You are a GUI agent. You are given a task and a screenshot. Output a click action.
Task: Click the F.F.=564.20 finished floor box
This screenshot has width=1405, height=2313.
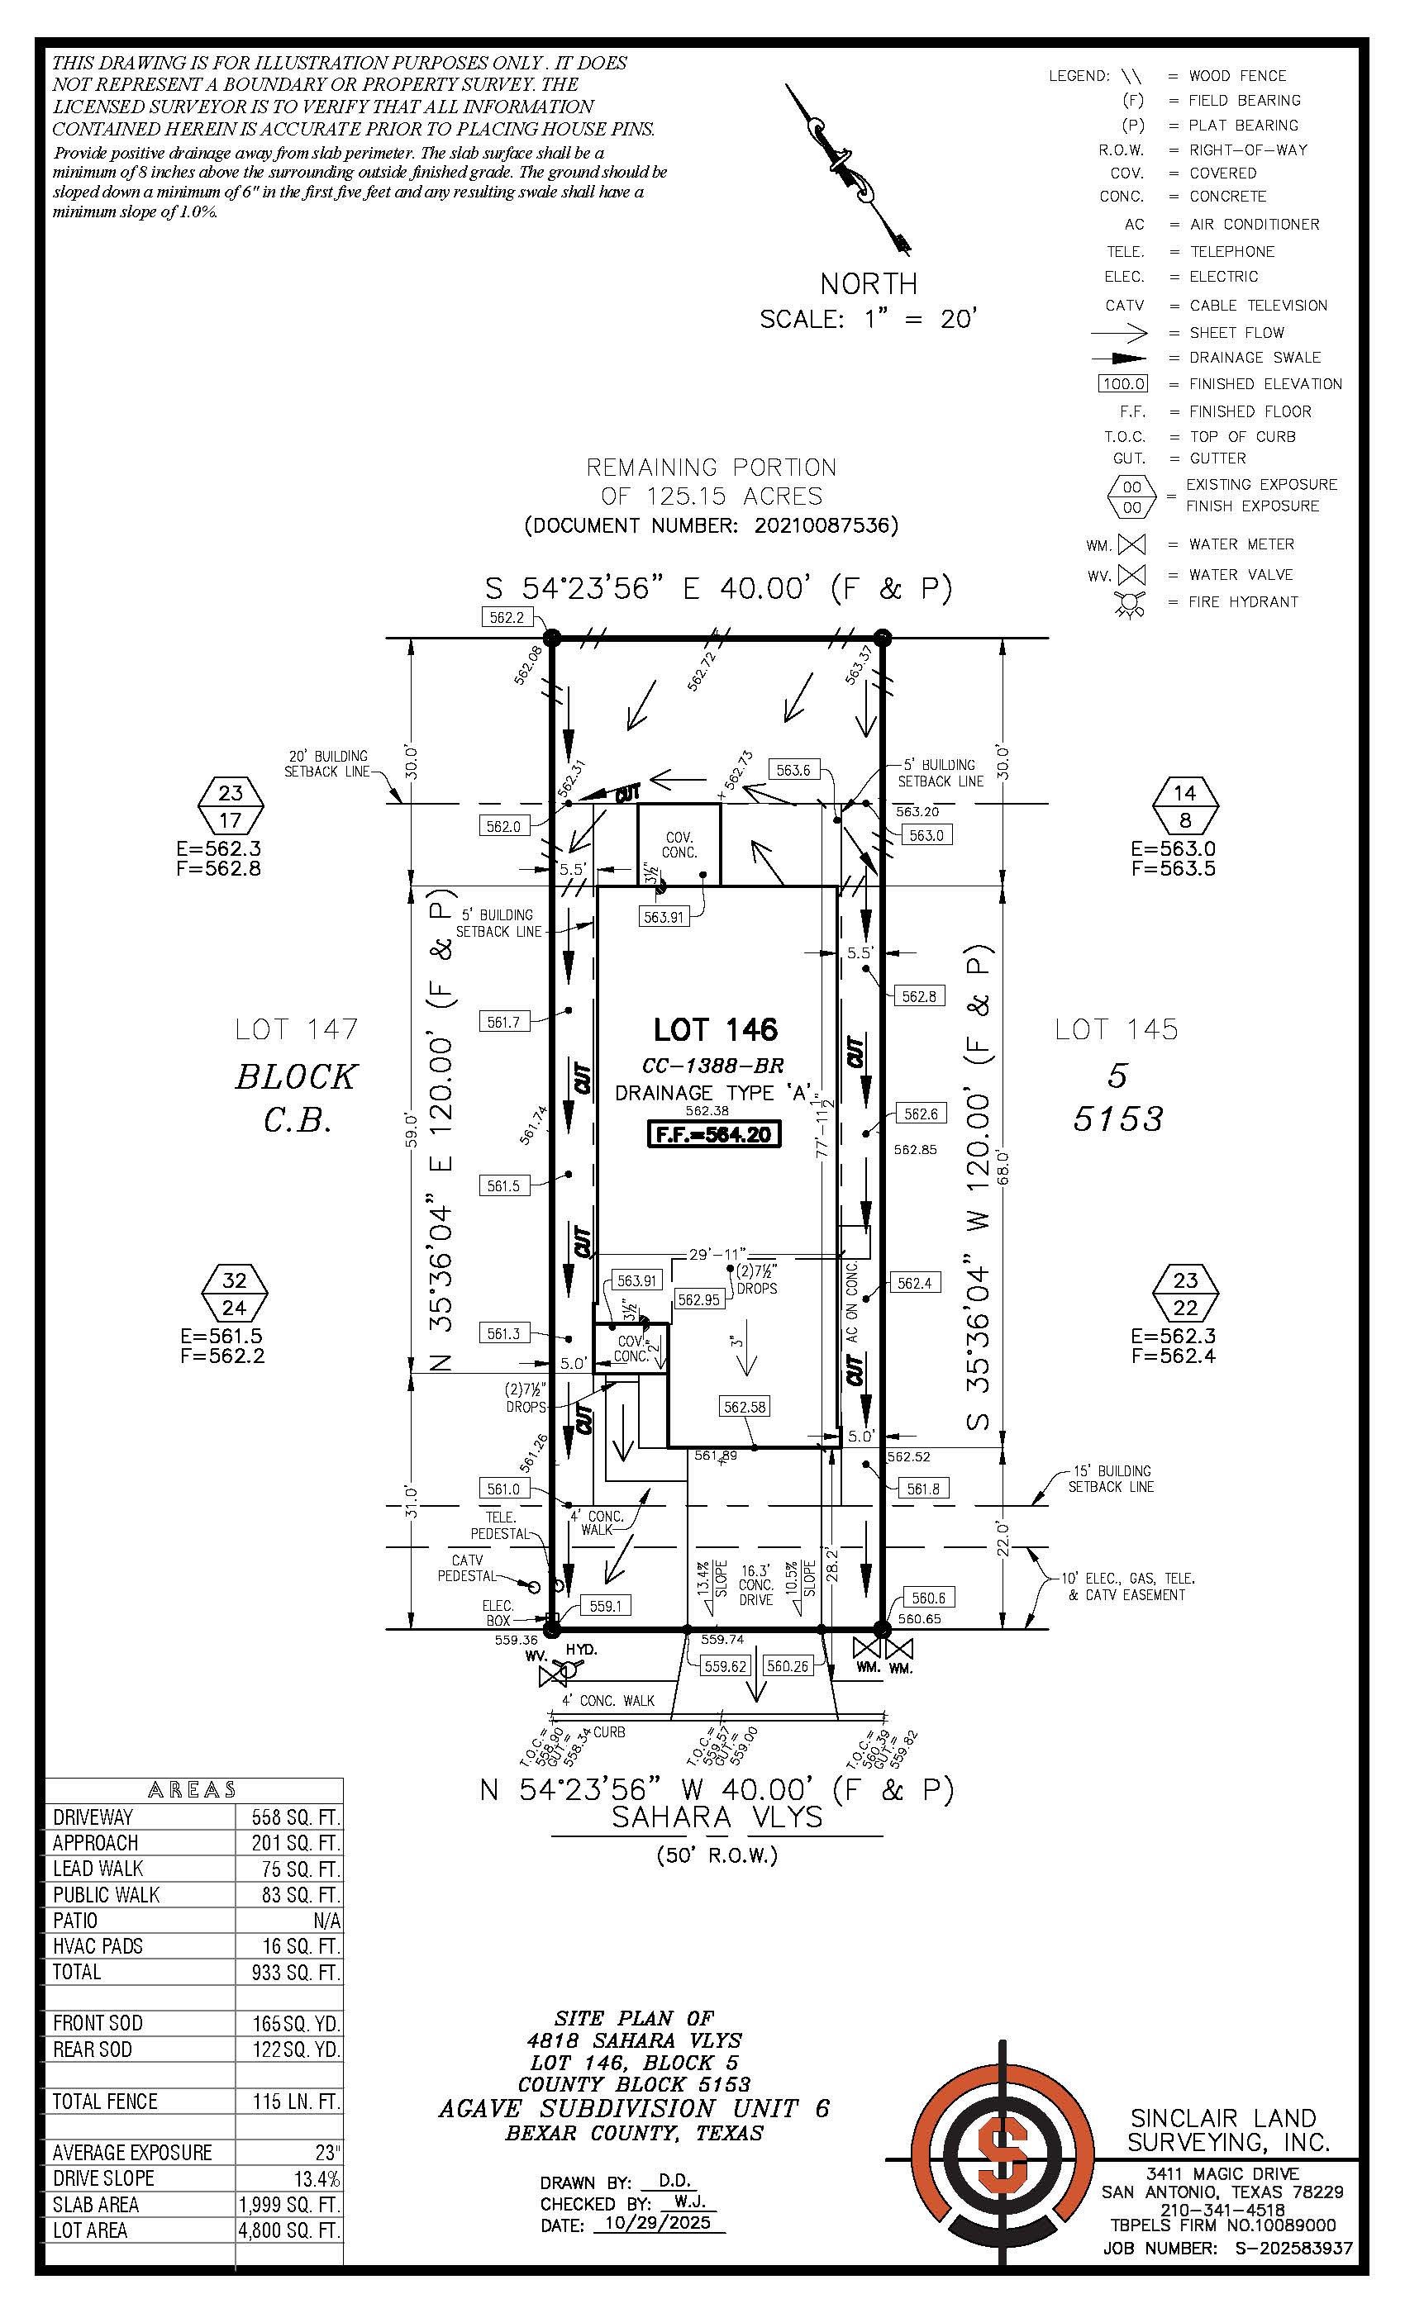pyautogui.click(x=714, y=1134)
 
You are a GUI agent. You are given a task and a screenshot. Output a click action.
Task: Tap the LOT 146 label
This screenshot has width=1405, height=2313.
pyautogui.click(x=716, y=1030)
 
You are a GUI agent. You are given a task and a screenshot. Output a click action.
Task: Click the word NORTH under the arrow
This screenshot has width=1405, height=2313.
pyautogui.click(x=869, y=283)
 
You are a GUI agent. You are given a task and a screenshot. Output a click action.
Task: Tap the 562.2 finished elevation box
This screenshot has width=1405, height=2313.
pyautogui.click(x=506, y=617)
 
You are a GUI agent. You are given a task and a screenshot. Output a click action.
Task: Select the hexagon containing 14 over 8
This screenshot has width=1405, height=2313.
pyautogui.click(x=1185, y=806)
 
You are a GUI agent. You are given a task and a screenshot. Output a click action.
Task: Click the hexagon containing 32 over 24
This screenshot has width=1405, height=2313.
pyautogui.click(x=235, y=1294)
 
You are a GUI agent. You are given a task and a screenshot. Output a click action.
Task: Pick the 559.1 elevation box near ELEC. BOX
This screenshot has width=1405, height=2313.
pyautogui.click(x=605, y=1606)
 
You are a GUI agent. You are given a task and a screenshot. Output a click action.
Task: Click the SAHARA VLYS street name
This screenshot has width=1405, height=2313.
pyautogui.click(x=717, y=1818)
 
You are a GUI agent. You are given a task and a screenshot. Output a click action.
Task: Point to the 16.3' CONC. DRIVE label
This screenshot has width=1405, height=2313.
pyautogui.click(x=756, y=1584)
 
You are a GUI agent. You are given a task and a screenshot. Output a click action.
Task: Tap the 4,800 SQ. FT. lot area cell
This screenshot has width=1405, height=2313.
pyautogui.click(x=289, y=2230)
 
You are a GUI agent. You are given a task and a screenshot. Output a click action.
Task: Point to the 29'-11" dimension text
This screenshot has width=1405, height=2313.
pyautogui.click(x=717, y=1253)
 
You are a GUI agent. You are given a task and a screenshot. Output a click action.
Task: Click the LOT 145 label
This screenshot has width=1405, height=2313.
pyautogui.click(x=1116, y=1030)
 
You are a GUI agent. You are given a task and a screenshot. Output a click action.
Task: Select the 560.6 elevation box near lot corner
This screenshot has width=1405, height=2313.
pyautogui.click(x=928, y=1598)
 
